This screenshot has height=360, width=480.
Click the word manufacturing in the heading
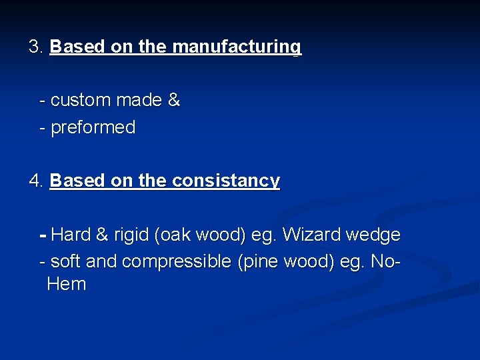(x=237, y=47)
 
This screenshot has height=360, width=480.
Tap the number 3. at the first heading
(x=36, y=47)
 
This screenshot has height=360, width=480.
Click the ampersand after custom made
(x=173, y=101)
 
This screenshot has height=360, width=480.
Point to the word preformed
(x=93, y=127)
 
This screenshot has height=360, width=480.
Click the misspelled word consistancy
(x=226, y=181)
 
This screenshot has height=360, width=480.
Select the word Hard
(x=71, y=235)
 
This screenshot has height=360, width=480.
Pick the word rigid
(x=131, y=235)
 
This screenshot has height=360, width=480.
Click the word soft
(x=66, y=261)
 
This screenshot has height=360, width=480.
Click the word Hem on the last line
(x=67, y=285)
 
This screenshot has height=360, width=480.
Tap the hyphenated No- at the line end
(x=386, y=261)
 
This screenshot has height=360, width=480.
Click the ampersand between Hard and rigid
(x=102, y=235)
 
